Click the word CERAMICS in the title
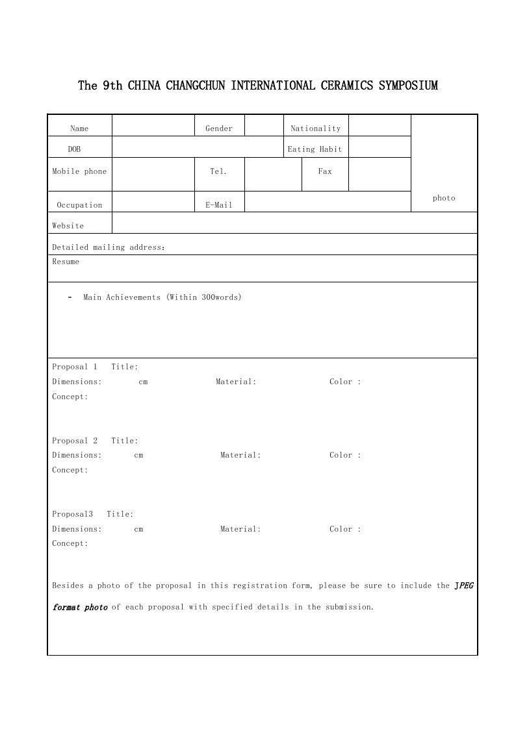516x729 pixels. (348, 86)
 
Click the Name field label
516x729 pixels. (79, 129)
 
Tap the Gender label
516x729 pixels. (219, 129)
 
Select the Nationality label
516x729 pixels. (315, 129)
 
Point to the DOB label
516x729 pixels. (75, 149)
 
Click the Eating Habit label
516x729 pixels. (315, 149)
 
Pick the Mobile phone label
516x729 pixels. (79, 171)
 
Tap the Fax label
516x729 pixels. (325, 171)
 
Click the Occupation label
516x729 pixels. (79, 205)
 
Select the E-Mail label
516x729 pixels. (219, 205)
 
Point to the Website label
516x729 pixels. (68, 226)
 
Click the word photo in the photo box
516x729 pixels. (444, 198)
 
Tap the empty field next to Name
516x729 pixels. (153, 126)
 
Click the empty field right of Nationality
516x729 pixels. (380, 126)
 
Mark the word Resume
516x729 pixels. (66, 262)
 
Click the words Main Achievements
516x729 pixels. (122, 297)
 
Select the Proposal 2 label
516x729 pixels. (75, 441)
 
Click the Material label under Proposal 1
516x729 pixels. (236, 382)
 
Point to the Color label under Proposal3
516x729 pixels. (344, 529)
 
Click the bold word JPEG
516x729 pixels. (464, 586)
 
